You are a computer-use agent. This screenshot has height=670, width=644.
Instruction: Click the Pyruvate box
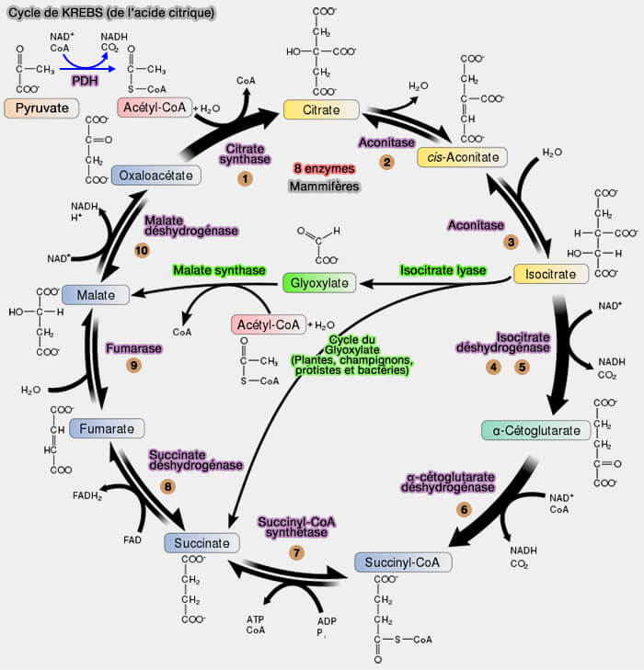[x=42, y=108]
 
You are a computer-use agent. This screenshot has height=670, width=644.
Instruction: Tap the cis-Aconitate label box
[x=462, y=157]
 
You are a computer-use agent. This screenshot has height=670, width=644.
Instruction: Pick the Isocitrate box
[x=550, y=274]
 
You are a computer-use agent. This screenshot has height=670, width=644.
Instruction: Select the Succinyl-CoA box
[x=403, y=562]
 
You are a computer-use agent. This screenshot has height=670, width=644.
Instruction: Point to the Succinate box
[x=201, y=543]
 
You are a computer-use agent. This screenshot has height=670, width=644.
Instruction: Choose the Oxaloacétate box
[x=156, y=175]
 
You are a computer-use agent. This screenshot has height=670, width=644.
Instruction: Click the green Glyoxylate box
[x=319, y=283]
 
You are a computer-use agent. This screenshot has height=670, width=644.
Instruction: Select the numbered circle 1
[x=245, y=178]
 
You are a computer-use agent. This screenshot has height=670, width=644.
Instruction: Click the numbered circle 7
[x=296, y=552]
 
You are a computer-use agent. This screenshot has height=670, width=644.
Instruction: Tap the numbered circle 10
[x=142, y=250]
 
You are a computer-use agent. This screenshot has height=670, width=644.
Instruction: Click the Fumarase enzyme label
[x=134, y=349]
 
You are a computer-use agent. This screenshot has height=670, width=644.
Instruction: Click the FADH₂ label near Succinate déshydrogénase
[x=87, y=496]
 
